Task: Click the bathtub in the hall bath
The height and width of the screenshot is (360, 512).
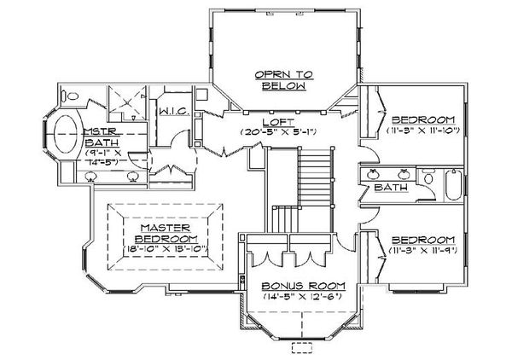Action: (x=453, y=186)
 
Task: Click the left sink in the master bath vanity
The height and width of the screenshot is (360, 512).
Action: (x=92, y=177)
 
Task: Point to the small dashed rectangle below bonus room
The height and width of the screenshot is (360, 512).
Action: (x=303, y=347)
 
